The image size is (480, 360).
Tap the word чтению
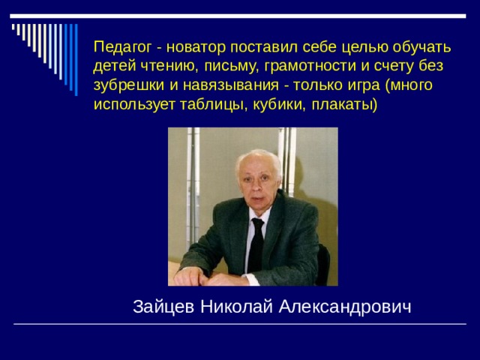(163, 65)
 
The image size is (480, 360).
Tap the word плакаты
(342, 104)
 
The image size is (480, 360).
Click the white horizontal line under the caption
(240, 323)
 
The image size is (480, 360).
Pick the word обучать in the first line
(421, 46)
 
